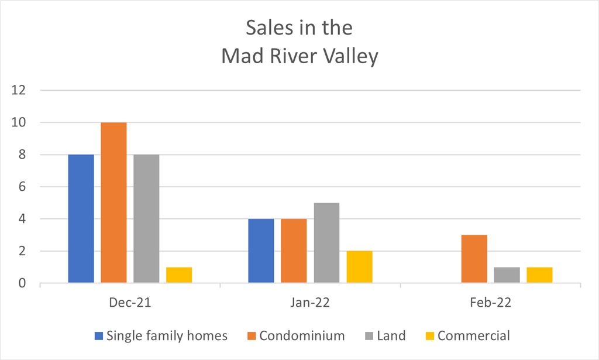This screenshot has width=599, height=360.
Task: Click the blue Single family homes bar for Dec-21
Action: coord(81,219)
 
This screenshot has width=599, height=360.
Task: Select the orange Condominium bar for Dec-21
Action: coord(113,203)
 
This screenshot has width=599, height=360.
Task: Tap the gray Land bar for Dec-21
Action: coord(146,219)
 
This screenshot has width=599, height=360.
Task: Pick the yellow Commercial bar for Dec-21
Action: coord(179,276)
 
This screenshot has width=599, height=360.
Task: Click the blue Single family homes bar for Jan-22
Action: coord(261,251)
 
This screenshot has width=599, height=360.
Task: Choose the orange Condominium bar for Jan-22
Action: coord(294,251)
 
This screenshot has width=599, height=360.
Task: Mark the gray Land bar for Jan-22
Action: coord(326,243)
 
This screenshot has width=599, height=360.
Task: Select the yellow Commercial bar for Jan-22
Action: coord(359,268)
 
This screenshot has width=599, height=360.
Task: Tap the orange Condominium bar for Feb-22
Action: coord(474,259)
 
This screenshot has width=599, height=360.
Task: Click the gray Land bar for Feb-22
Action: coord(507,276)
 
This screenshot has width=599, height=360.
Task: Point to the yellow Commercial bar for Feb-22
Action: coord(539,276)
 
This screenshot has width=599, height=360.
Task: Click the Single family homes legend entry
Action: coord(161,336)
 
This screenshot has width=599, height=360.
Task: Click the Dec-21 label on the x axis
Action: coord(130,303)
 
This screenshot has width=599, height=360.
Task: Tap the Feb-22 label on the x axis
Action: coord(490,303)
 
